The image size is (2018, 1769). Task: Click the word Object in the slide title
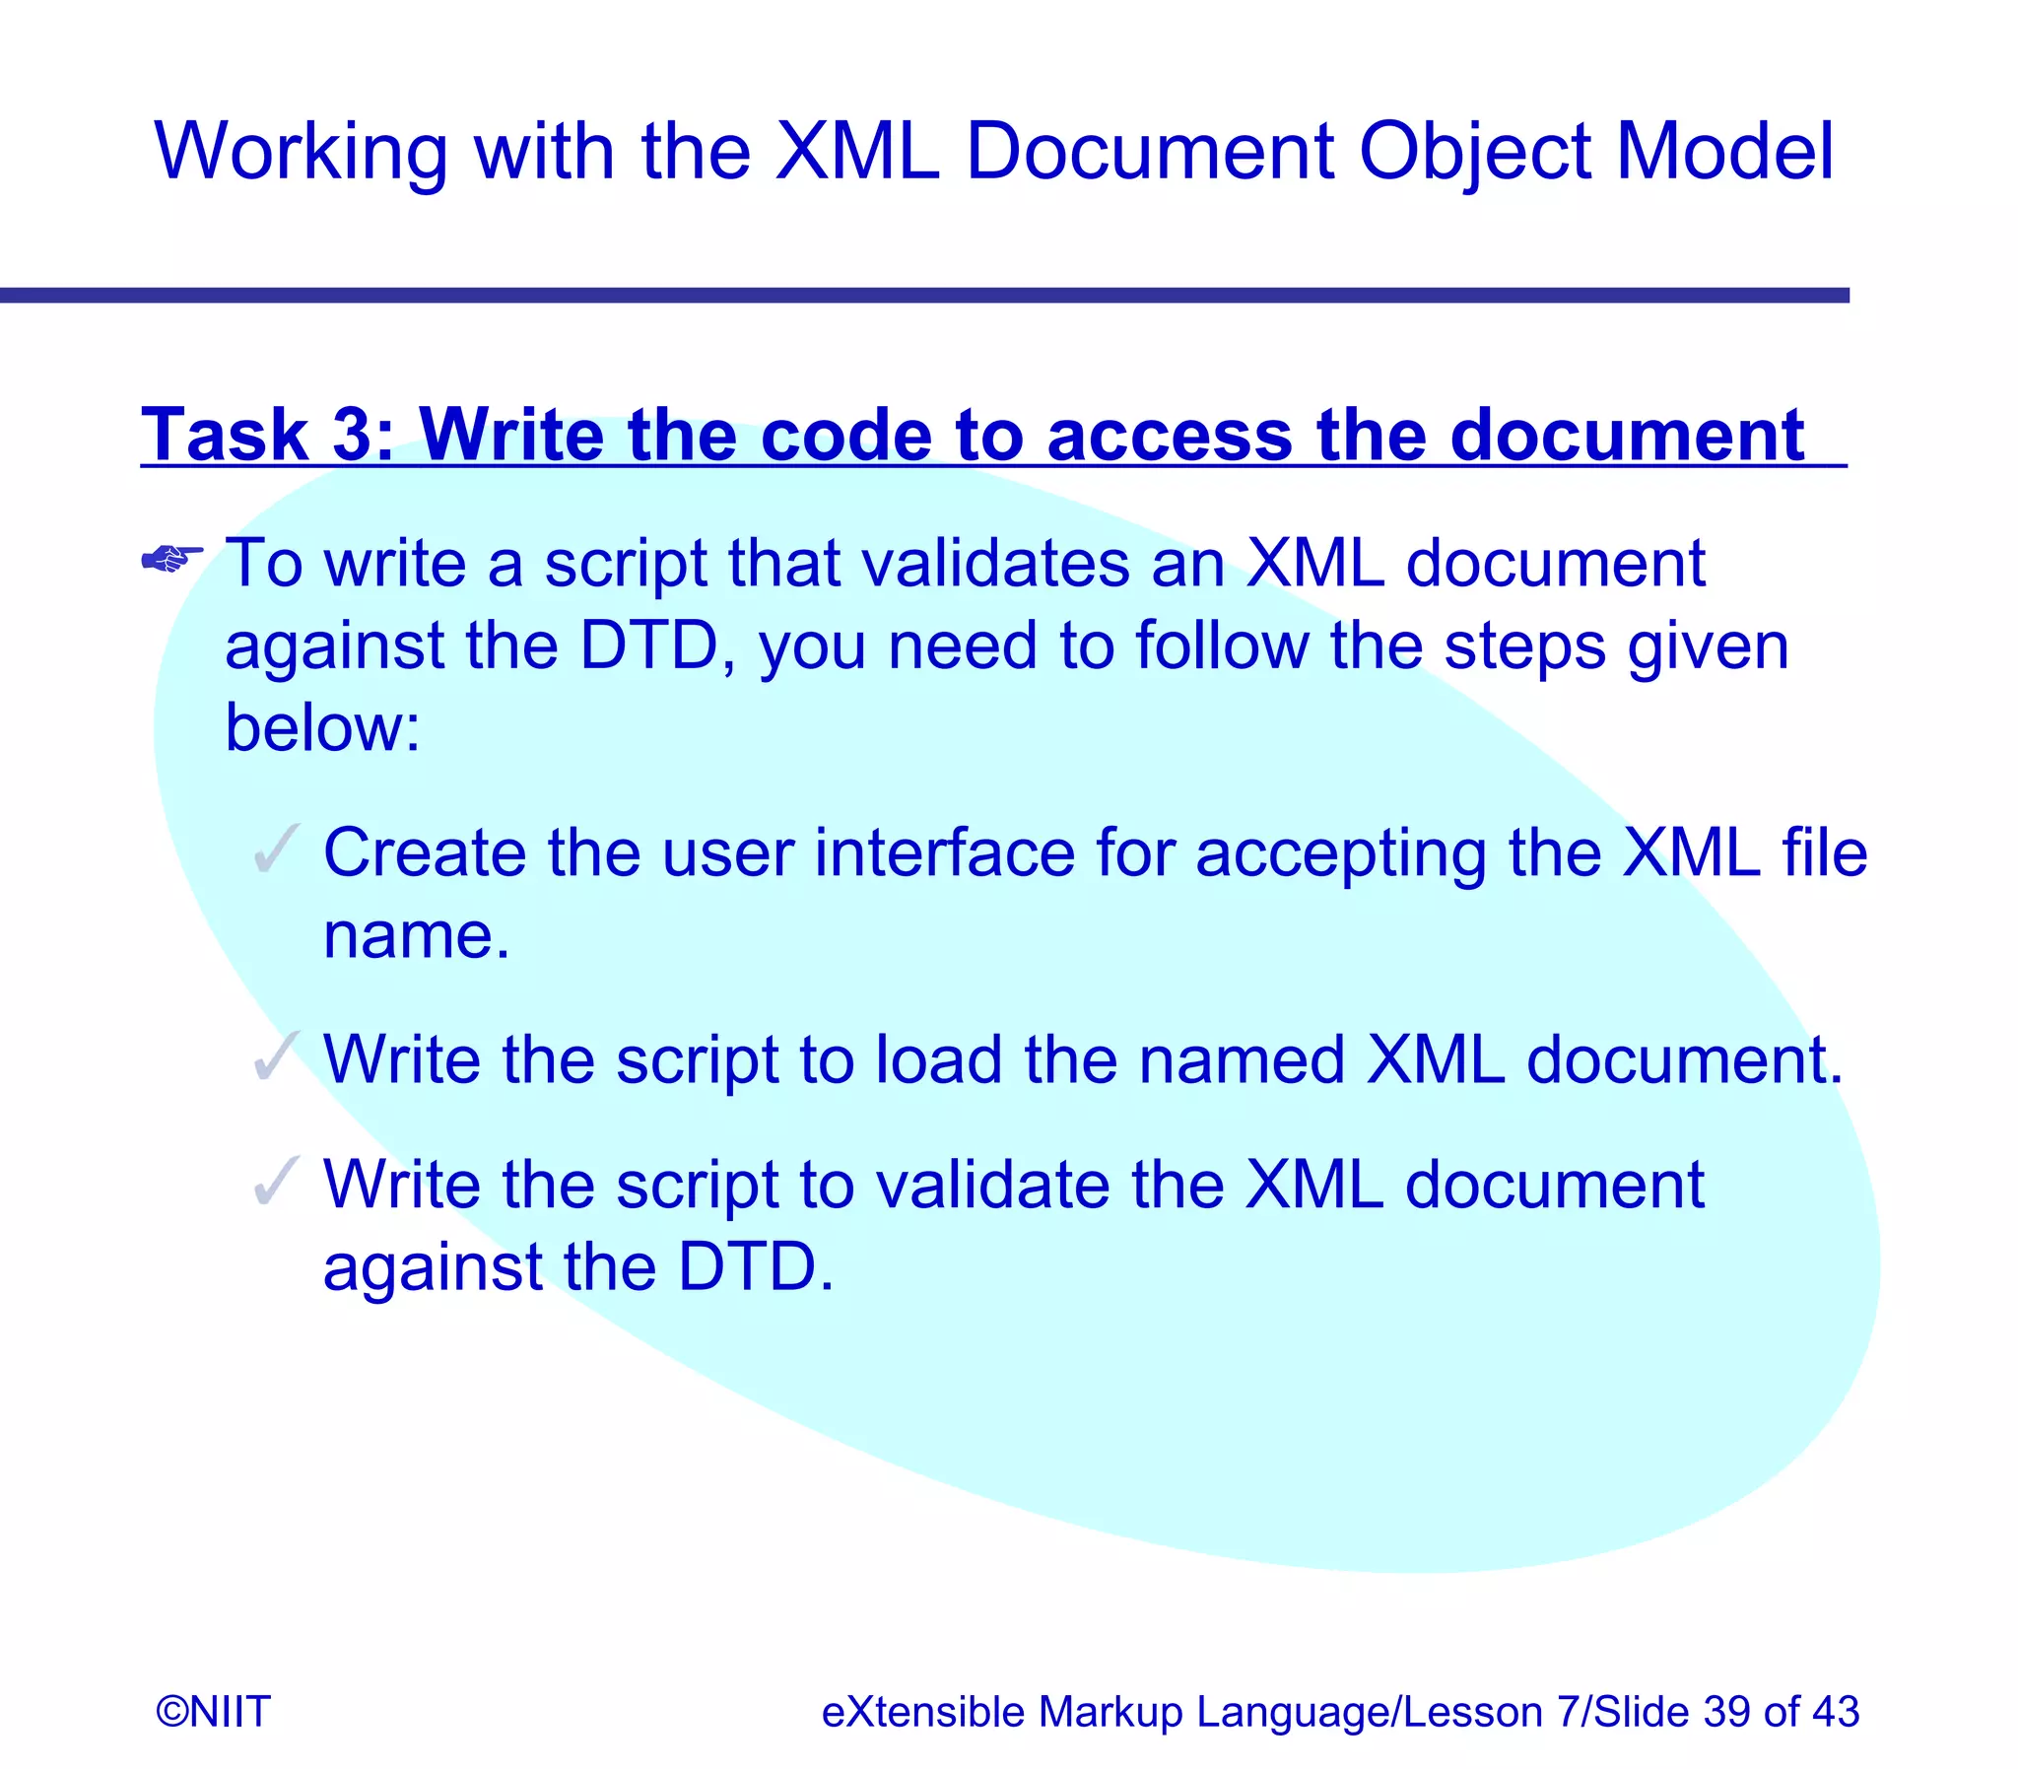1472,153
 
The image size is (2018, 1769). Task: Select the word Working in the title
300,153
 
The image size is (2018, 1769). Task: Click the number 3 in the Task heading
352,435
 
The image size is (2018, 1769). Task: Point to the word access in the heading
1169,437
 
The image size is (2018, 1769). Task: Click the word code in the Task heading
845,435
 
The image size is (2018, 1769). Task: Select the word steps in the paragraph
1522,646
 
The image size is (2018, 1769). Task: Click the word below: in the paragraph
322,727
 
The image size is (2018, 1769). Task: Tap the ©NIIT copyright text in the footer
213,1711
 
